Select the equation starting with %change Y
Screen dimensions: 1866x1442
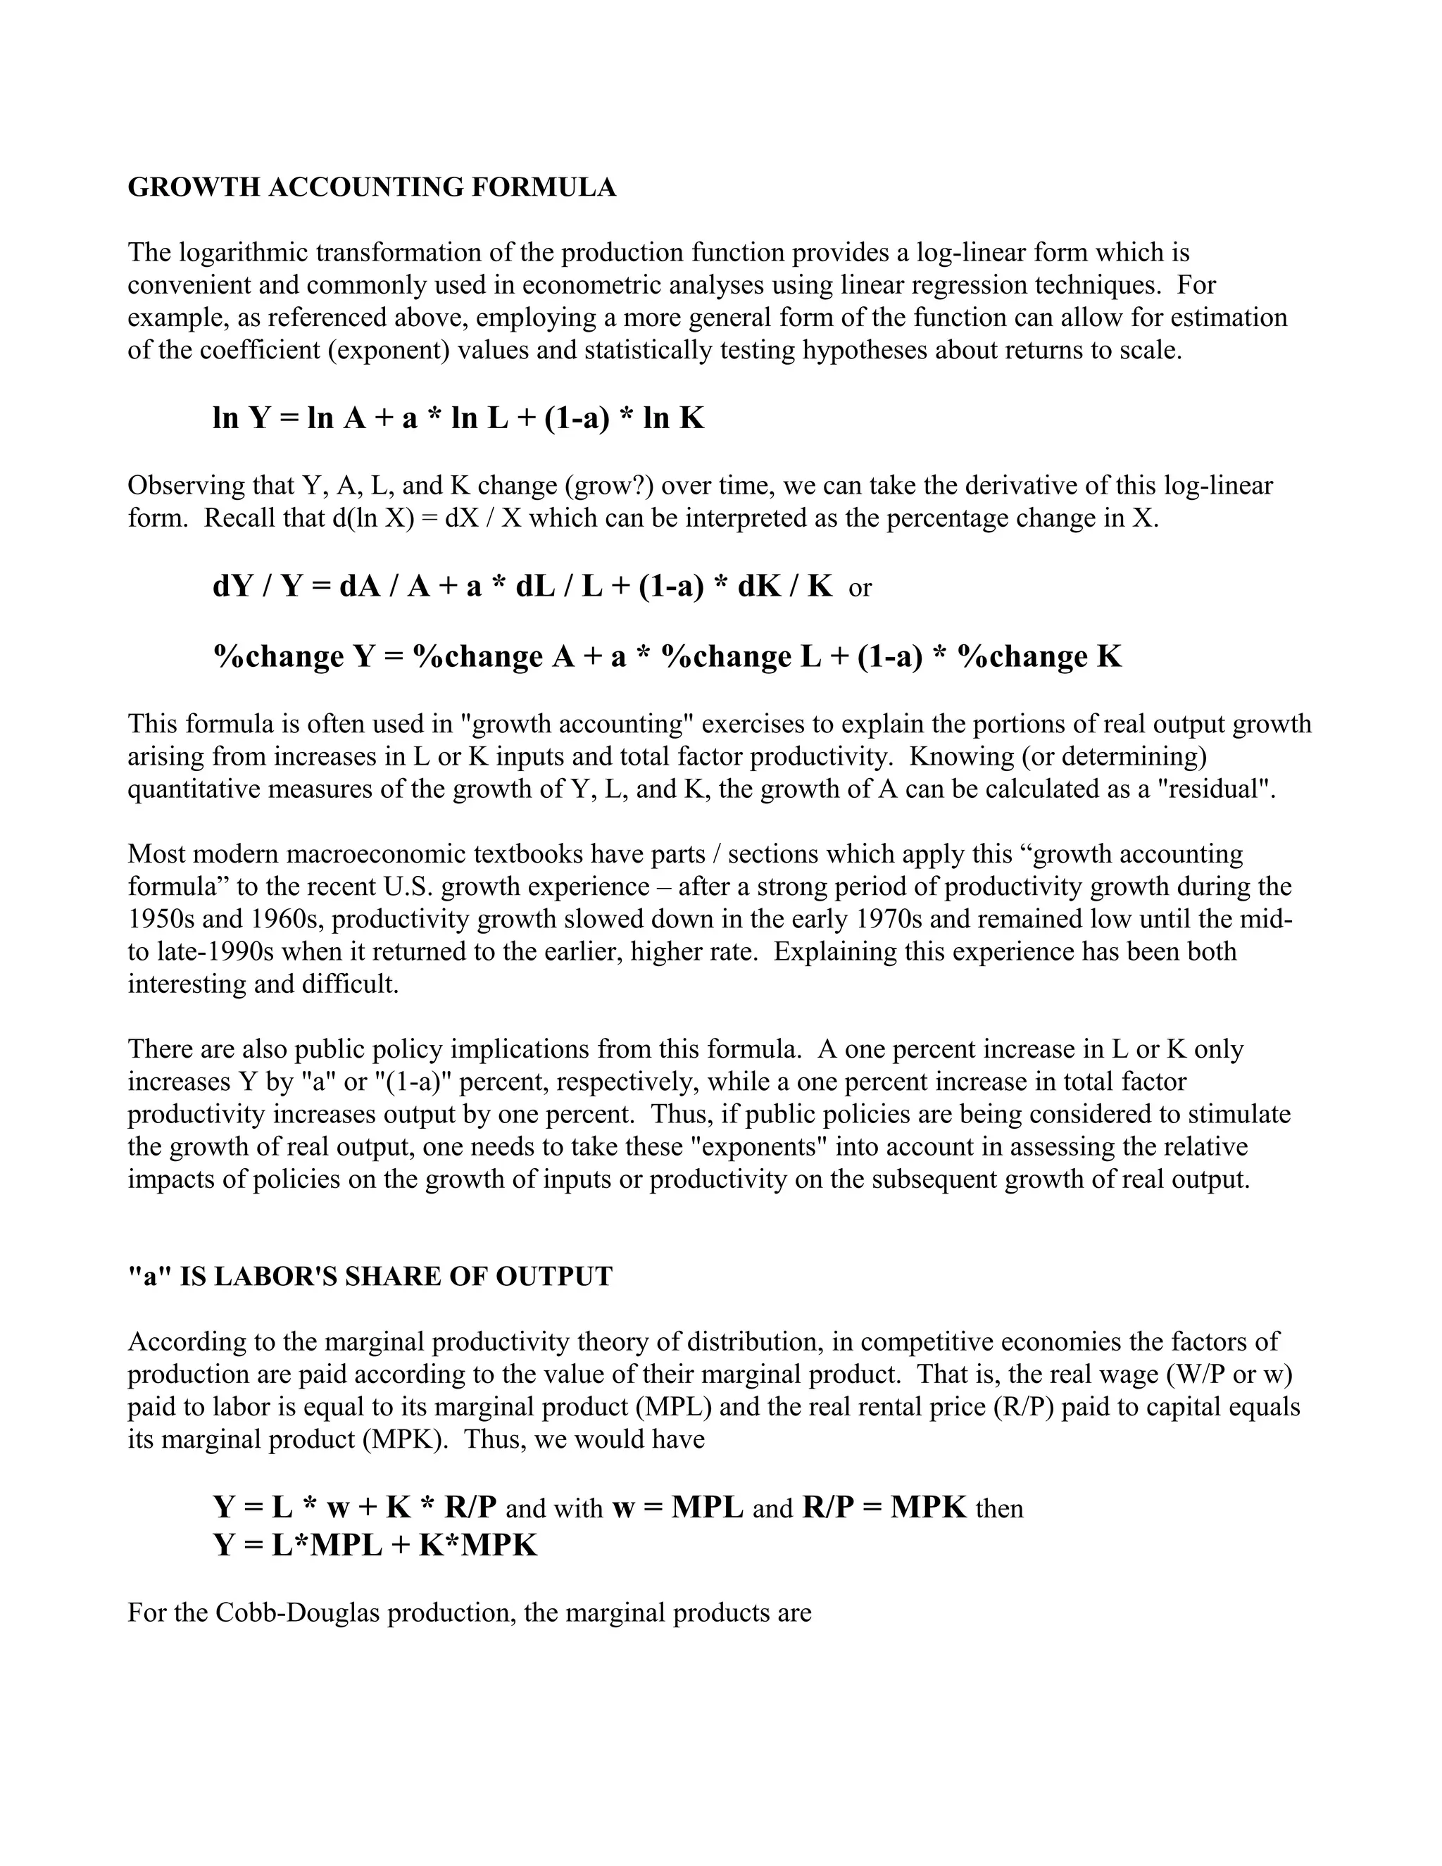pyautogui.click(x=666, y=656)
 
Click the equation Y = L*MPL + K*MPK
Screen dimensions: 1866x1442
pyautogui.click(x=375, y=1545)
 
